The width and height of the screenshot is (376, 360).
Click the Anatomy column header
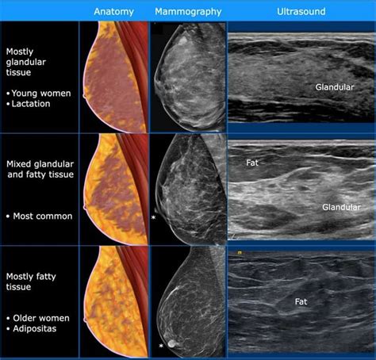click(x=113, y=12)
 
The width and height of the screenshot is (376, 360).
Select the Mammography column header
click(x=188, y=12)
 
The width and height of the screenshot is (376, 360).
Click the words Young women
click(x=40, y=93)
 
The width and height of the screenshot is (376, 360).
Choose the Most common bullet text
click(x=40, y=216)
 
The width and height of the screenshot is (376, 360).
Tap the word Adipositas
click(x=36, y=327)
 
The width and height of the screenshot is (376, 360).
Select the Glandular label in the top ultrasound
click(x=335, y=86)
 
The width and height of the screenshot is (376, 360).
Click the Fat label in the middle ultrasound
click(x=252, y=163)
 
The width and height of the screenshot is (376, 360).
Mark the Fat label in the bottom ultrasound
click(x=301, y=301)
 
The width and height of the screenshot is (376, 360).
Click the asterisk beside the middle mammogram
click(x=154, y=216)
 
